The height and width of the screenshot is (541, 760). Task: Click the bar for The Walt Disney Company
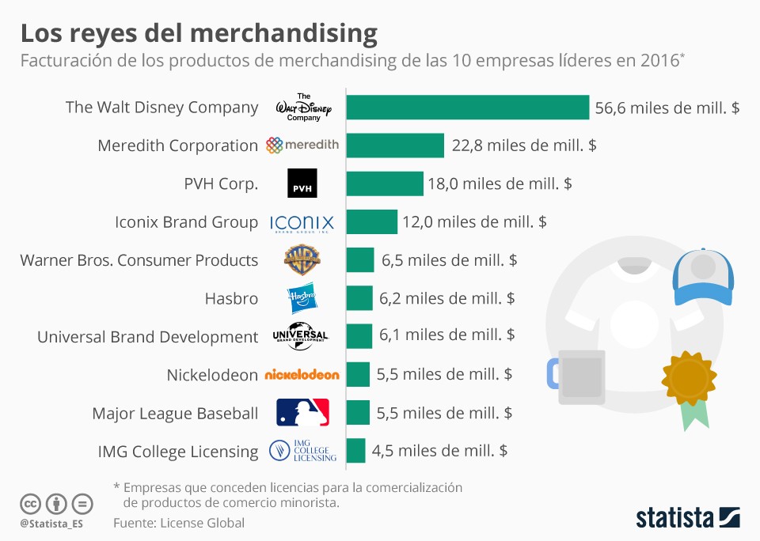[468, 108]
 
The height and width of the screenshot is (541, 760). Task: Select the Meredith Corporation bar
[395, 146]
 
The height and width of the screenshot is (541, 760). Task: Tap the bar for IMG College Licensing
[356, 451]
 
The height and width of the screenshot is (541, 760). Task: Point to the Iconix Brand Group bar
[372, 222]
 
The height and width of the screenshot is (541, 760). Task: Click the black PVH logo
[302, 183]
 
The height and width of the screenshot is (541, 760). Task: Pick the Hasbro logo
[302, 298]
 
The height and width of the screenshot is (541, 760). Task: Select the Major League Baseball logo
[302, 413]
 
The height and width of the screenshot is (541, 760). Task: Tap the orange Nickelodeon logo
[302, 375]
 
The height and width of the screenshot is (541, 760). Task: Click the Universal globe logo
[301, 336]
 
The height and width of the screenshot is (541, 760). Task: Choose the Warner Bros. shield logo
[302, 259]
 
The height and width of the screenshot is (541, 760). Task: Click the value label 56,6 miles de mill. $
[667, 108]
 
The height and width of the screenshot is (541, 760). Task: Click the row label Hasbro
[231, 298]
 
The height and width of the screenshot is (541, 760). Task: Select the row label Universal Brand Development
[147, 337]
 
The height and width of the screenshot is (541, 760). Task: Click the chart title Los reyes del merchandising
[198, 33]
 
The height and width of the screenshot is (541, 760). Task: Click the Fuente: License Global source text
[179, 523]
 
